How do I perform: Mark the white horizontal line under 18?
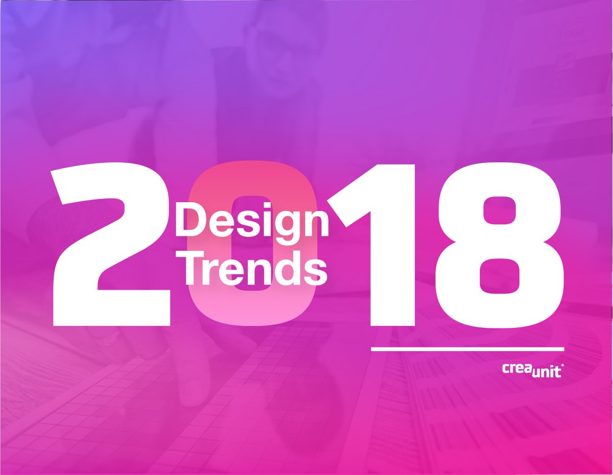pos(467,349)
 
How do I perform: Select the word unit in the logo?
pos(545,371)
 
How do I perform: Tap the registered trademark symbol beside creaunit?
pos(563,366)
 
